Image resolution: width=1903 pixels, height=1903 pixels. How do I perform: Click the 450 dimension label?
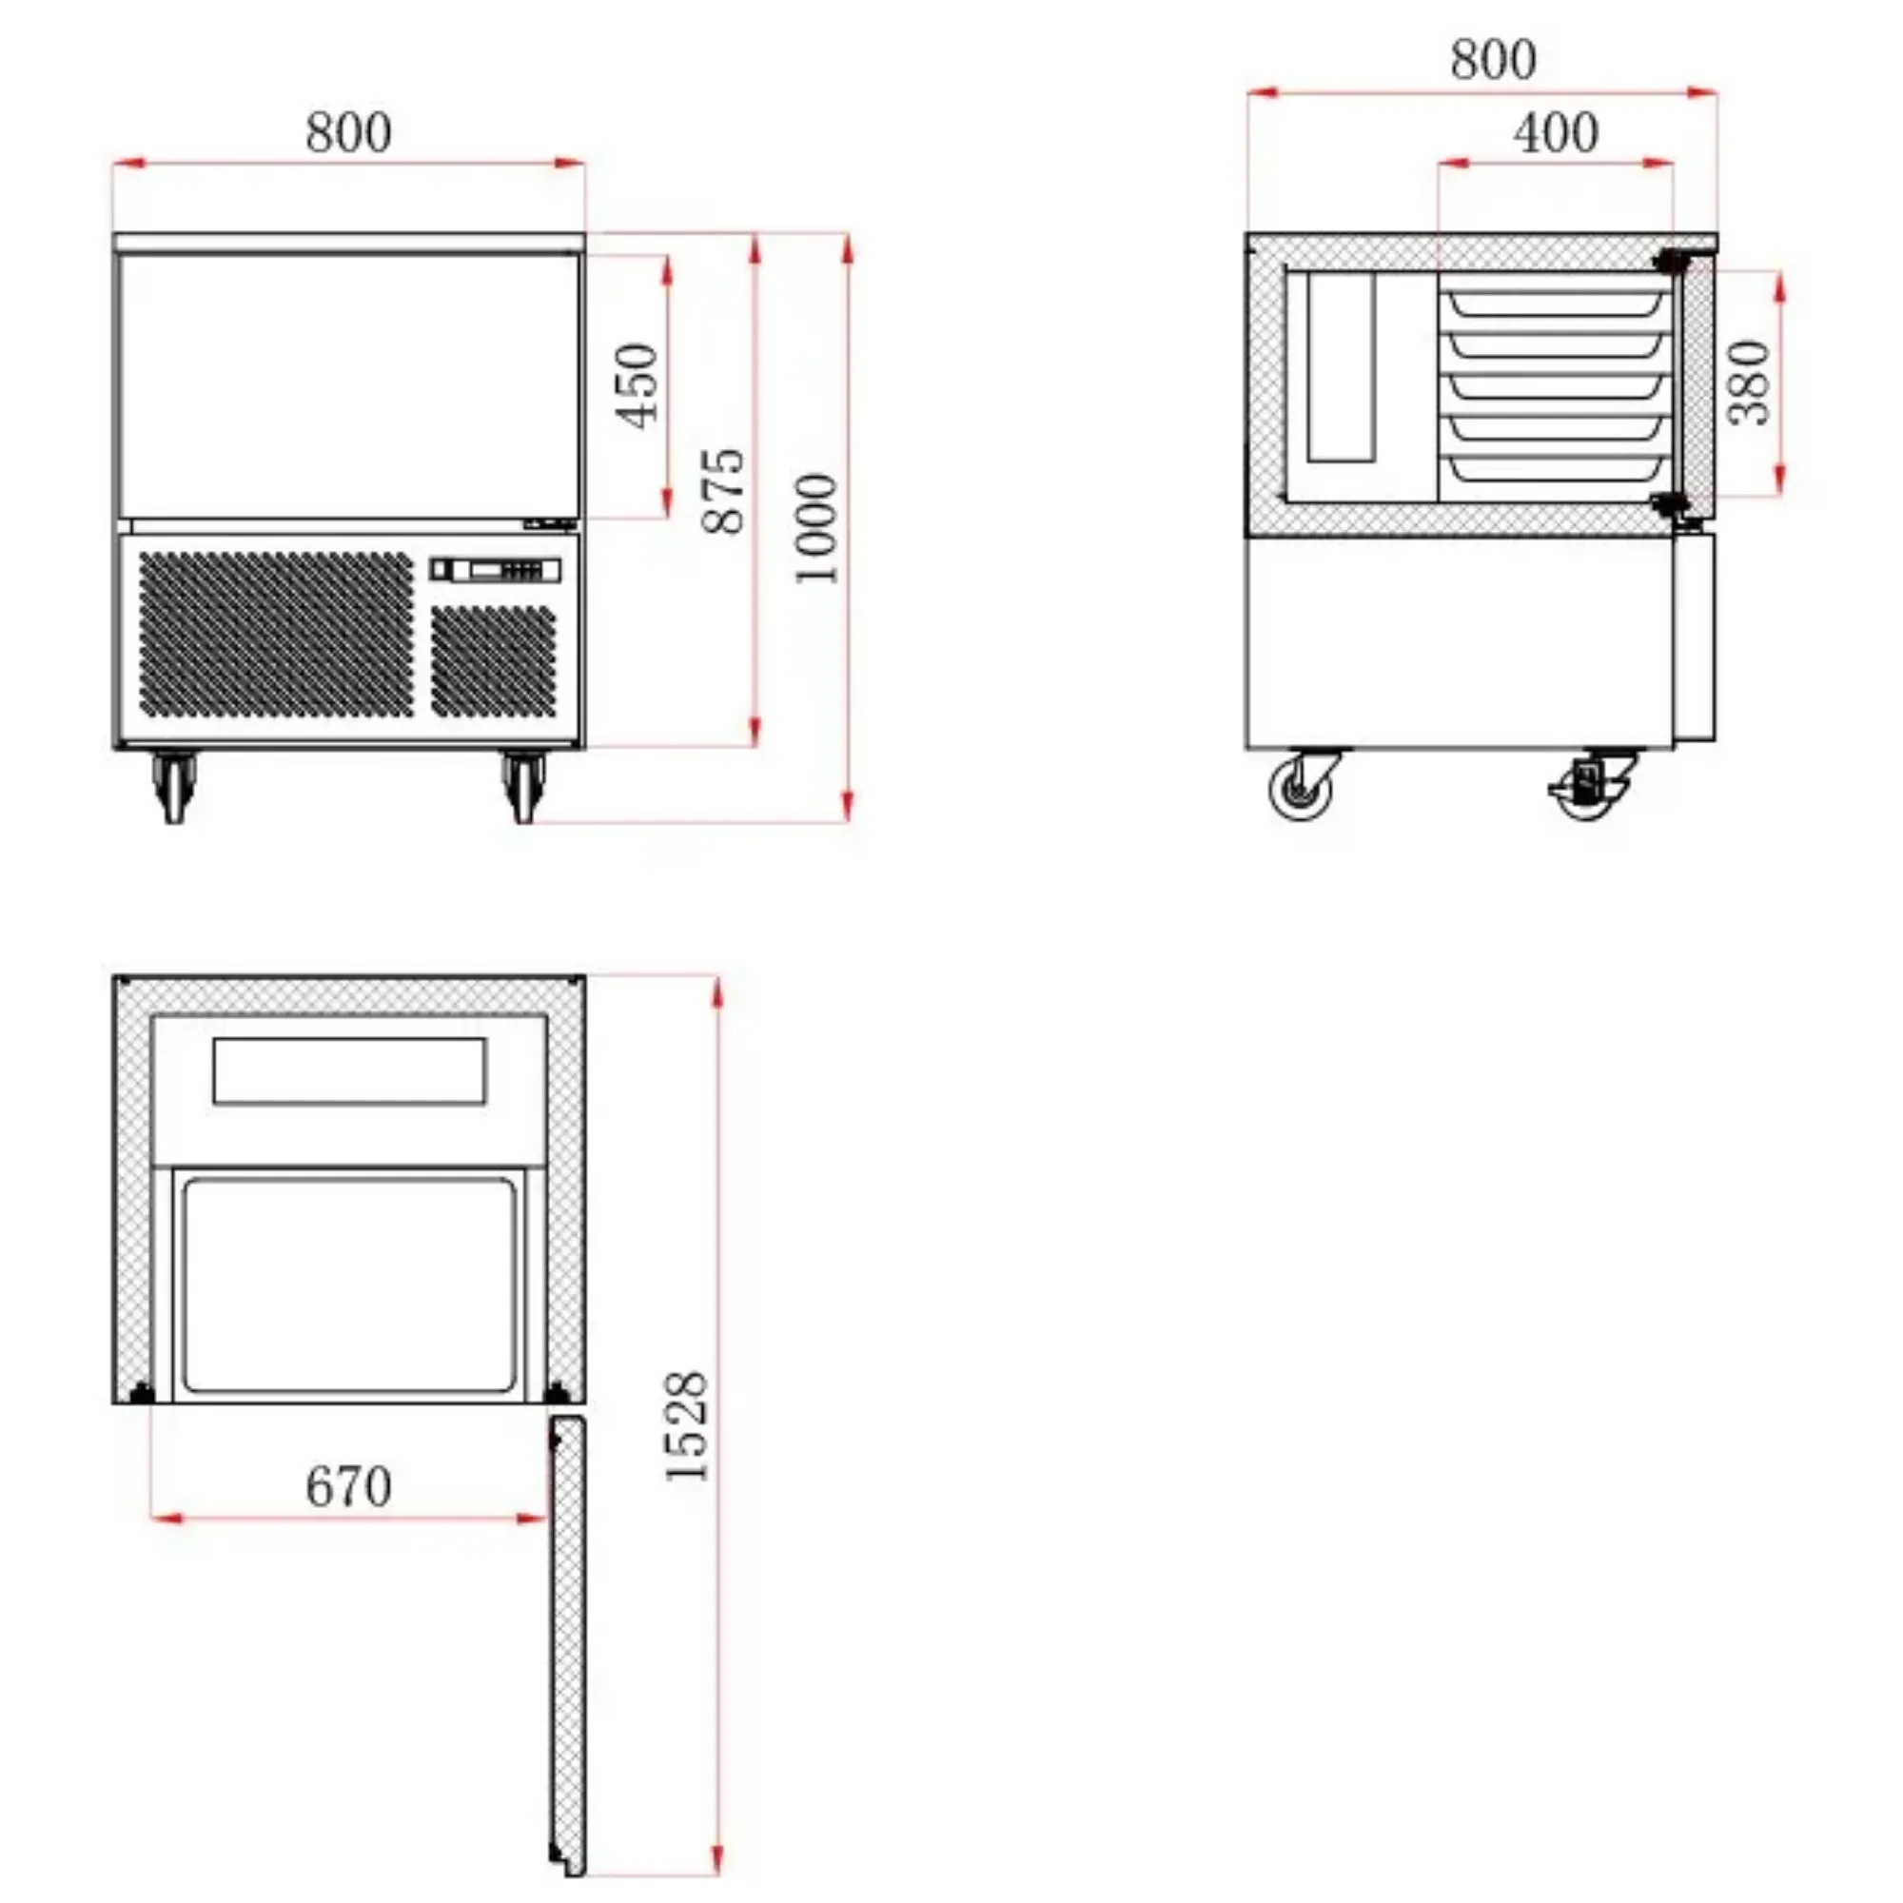point(637,385)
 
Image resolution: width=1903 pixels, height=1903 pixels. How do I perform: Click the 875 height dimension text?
point(724,491)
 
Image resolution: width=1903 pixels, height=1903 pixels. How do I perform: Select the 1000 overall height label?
point(816,529)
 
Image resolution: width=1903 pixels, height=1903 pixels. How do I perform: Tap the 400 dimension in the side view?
point(1556,133)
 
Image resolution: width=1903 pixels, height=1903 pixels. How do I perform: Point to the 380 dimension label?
point(1750,383)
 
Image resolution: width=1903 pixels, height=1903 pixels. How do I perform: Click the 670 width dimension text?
point(347,1486)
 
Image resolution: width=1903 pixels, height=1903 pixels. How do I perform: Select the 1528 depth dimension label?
point(687,1425)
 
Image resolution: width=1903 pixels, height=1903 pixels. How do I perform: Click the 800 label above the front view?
point(347,133)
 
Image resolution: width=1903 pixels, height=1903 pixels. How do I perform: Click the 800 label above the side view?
point(1492,60)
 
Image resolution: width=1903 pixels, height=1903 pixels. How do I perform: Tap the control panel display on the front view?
point(496,569)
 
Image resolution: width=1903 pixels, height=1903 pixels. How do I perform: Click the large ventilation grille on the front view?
point(276,634)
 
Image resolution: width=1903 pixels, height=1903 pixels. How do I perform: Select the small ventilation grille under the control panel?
point(493,660)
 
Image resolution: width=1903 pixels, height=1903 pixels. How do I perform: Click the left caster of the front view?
point(174,785)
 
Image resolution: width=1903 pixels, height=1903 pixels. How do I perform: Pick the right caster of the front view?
point(523,785)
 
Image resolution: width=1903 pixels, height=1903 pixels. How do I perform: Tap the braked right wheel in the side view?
point(1588,786)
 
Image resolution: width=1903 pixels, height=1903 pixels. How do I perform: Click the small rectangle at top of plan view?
point(349,1070)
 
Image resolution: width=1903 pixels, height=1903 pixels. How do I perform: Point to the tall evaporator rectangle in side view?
point(1341,366)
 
